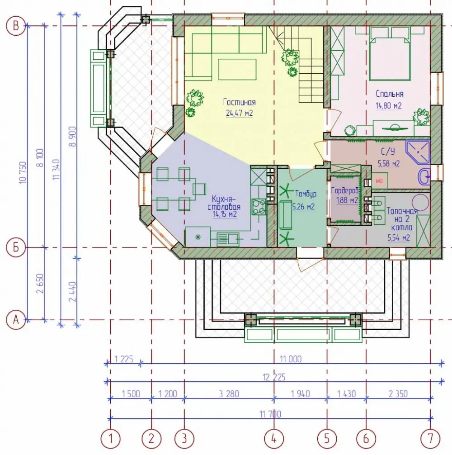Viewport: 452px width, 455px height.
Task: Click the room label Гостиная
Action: (240, 102)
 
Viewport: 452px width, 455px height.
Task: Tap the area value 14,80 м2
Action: (389, 105)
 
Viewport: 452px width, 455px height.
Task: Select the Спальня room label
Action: (389, 94)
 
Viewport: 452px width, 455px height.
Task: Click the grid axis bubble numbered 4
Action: (274, 439)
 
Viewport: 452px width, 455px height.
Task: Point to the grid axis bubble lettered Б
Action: (16, 247)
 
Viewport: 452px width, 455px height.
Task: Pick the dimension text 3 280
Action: (229, 394)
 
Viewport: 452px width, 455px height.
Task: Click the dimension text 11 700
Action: (270, 414)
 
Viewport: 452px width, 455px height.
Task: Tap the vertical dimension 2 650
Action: (41, 283)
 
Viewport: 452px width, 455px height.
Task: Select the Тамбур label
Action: (306, 194)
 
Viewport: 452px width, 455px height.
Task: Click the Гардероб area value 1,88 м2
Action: (347, 200)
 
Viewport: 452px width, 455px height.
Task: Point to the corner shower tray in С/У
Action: (418, 152)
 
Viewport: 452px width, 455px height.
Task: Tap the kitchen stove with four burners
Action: (259, 206)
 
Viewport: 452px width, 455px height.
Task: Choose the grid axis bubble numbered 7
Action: (430, 439)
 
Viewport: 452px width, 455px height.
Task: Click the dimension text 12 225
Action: (274, 377)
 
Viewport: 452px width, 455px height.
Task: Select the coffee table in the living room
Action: (237, 69)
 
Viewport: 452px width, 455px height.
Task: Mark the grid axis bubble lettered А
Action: (16, 320)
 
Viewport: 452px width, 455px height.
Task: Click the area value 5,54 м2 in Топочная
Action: (399, 238)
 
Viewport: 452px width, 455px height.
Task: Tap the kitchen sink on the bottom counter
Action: (228, 239)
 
